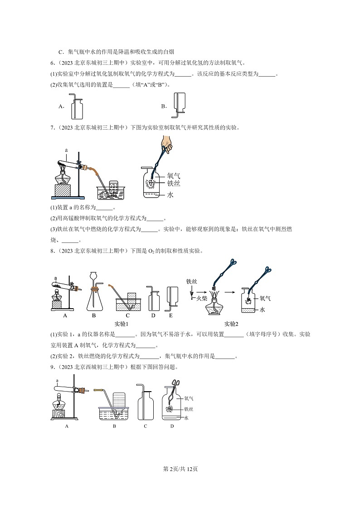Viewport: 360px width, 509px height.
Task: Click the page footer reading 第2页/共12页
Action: coord(180,469)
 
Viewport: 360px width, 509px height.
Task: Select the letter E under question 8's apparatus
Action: coord(171,315)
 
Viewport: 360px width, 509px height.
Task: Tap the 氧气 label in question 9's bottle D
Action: coord(189,398)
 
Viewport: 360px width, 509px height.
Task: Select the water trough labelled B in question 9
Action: coord(114,410)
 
